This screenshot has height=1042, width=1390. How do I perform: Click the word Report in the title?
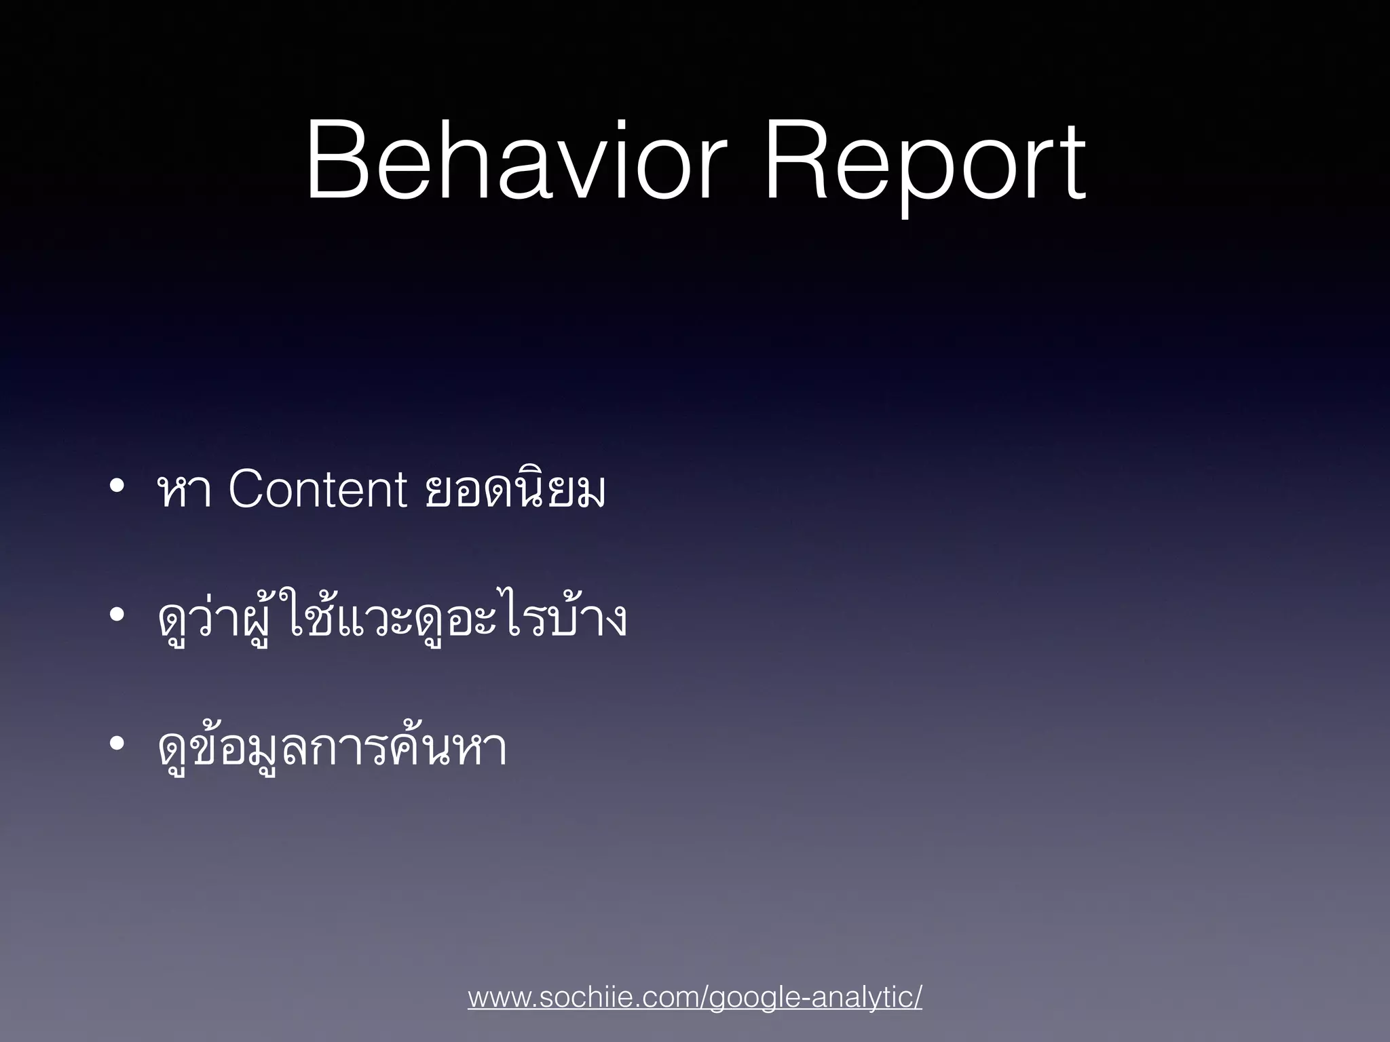pos(924,166)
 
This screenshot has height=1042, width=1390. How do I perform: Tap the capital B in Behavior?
pos(339,161)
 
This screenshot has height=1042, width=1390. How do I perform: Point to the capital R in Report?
pos(797,161)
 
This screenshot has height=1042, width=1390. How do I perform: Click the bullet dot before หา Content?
pos(117,486)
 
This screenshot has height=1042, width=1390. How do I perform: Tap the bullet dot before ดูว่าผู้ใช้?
pos(117,616)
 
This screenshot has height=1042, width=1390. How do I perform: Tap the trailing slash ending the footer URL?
pos(918,999)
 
